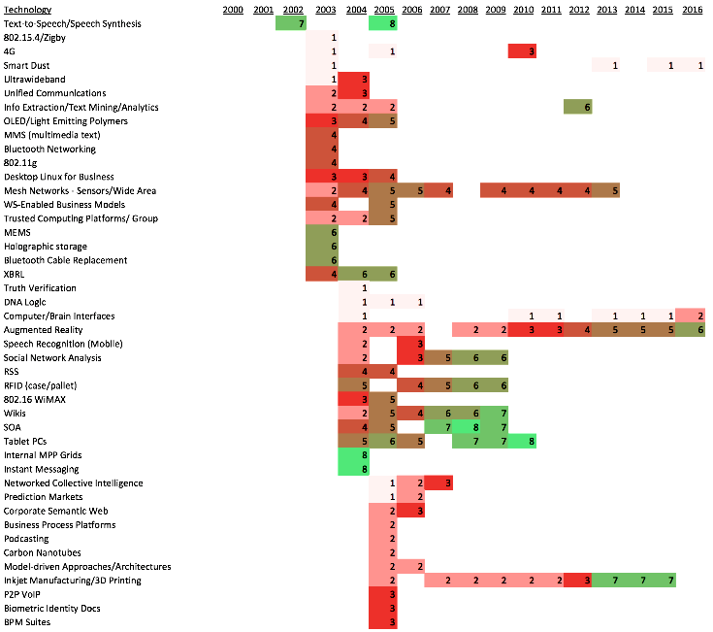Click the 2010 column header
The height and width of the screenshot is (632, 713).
click(523, 9)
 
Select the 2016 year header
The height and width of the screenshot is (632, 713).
click(692, 9)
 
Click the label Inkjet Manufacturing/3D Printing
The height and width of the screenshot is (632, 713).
click(73, 580)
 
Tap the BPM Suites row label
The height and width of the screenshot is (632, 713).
click(26, 622)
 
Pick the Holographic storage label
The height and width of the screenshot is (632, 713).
click(42, 247)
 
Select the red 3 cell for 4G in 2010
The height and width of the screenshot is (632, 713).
click(523, 50)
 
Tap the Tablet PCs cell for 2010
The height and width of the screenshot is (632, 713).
click(523, 441)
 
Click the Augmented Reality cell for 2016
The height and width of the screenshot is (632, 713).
click(692, 330)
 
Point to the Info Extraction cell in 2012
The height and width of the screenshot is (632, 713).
click(579, 107)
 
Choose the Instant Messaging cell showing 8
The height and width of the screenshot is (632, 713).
click(353, 469)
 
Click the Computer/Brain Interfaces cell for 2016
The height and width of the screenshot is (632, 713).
click(692, 316)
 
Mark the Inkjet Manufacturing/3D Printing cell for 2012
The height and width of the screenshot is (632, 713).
click(579, 580)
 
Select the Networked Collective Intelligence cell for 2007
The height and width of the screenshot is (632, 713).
click(438, 482)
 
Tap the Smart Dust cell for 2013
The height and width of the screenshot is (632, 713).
click(607, 65)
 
